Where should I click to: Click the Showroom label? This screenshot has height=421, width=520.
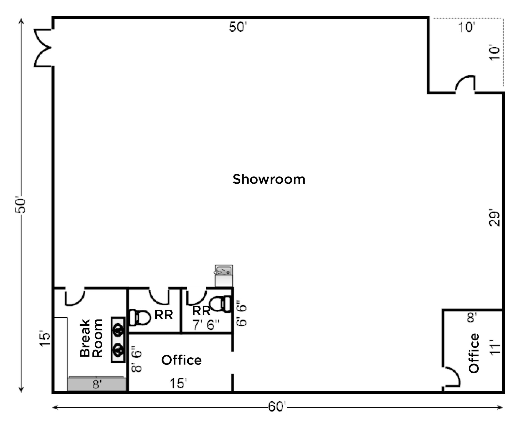click(269, 179)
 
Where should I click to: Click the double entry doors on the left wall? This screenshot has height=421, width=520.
click(43, 48)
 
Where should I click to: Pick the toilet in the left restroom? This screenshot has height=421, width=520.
click(139, 318)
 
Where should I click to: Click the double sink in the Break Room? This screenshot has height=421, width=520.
click(118, 340)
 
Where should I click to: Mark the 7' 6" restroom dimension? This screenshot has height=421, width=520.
click(206, 325)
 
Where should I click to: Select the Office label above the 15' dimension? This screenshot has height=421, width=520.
click(181, 360)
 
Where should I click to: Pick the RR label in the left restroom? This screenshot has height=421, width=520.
click(164, 315)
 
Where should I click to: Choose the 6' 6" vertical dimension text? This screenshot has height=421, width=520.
click(241, 313)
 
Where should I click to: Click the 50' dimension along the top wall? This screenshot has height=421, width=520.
click(238, 27)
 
